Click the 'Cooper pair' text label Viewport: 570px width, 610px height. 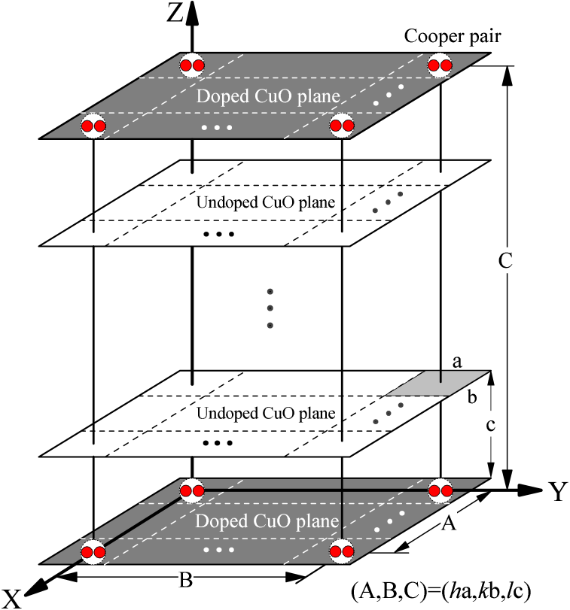453,36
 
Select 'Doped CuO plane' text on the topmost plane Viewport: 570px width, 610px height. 267,96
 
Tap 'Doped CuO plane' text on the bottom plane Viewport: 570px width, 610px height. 267,521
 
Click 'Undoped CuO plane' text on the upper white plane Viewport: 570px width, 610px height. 265,202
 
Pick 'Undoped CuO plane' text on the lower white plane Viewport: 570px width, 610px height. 265,413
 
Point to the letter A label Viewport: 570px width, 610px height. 449,523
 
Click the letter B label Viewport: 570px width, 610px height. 184,580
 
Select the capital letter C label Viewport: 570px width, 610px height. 505,262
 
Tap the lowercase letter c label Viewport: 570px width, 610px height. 490,425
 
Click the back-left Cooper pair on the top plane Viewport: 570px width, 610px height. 191,65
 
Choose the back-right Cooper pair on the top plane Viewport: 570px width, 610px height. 440,65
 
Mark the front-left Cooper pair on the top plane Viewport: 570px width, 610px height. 93,126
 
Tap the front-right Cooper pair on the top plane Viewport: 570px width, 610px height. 342,126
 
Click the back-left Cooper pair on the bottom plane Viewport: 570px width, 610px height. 191,491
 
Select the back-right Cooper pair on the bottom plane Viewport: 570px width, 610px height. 440,491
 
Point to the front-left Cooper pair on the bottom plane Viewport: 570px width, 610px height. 93,552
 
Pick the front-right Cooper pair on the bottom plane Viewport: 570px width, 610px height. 342,552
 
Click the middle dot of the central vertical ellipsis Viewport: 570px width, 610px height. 270,308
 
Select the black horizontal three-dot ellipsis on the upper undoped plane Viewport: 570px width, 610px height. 218,234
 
